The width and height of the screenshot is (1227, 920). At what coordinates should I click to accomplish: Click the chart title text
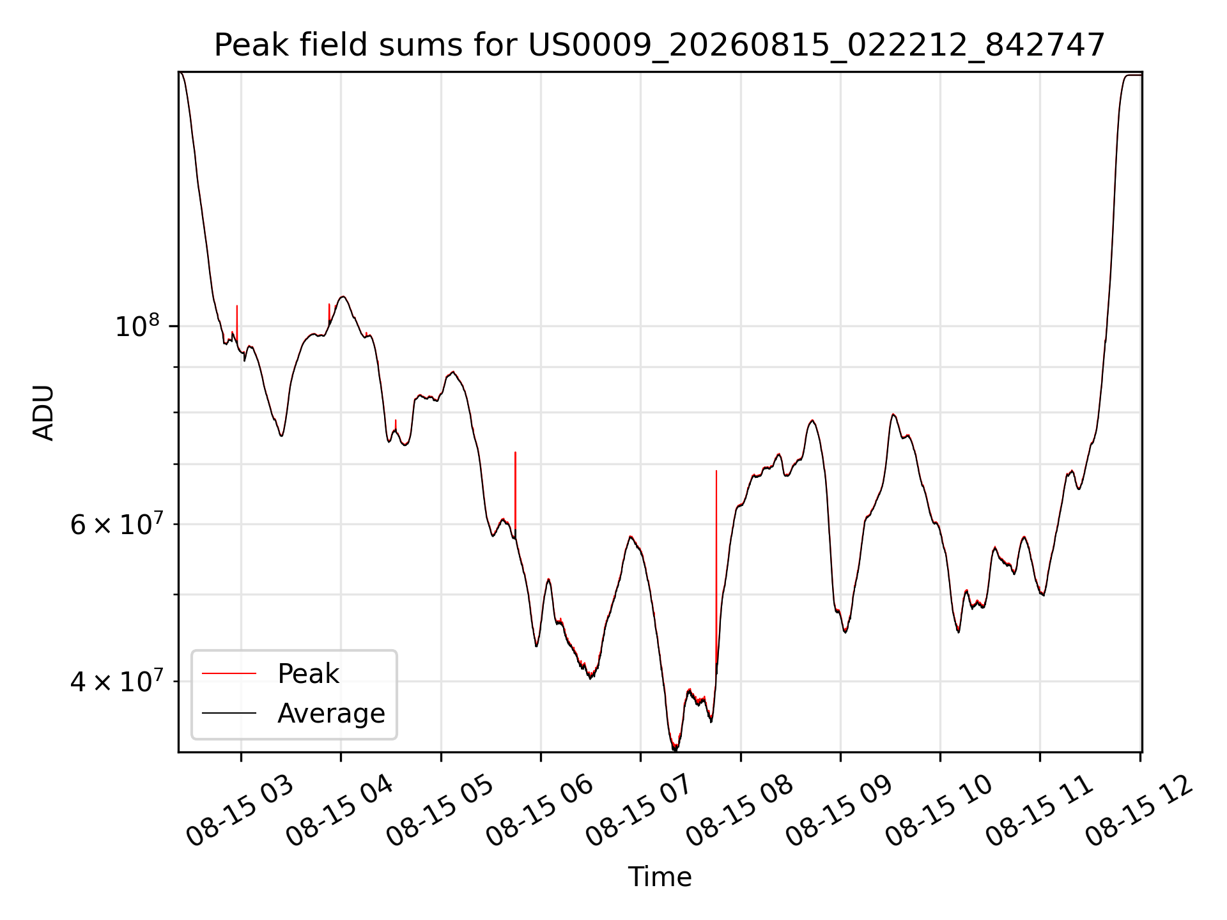pos(660,45)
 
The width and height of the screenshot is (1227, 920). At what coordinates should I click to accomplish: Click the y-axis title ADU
pos(43,413)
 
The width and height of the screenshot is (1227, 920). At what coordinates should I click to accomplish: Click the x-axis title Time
pos(660,877)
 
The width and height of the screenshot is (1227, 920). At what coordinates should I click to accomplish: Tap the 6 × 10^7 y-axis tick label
pos(118,524)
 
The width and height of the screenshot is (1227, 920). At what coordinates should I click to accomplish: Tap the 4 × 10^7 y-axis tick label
pos(118,681)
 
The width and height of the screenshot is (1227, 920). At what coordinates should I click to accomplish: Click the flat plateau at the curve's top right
pos(1133,75)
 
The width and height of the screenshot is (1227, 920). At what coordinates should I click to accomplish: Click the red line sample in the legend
pos(229,673)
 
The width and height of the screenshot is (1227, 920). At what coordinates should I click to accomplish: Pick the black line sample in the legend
pos(229,713)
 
